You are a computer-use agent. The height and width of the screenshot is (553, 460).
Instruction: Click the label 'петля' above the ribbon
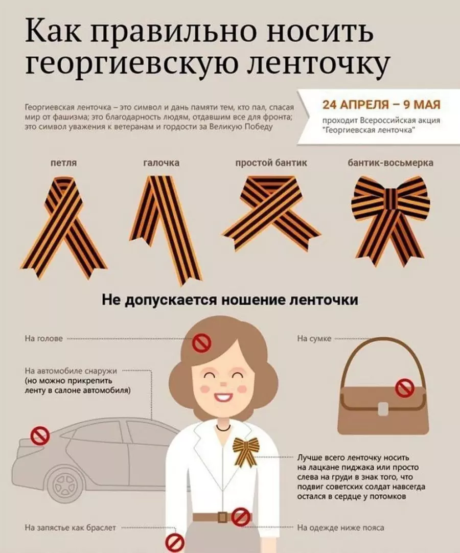click(63, 163)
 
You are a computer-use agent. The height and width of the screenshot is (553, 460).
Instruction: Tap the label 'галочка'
click(160, 163)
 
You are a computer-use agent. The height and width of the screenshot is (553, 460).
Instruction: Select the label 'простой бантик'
click(271, 163)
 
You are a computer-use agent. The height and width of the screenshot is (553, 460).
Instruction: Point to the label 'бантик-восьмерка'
click(390, 163)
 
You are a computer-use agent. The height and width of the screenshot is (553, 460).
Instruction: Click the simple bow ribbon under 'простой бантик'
click(271, 212)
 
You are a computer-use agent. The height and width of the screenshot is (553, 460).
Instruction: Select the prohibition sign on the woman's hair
click(201, 342)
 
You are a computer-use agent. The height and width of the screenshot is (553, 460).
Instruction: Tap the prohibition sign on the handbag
click(405, 388)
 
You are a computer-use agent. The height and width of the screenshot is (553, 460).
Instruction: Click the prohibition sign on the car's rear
click(40, 436)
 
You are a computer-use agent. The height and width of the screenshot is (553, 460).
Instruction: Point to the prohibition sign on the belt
click(240, 517)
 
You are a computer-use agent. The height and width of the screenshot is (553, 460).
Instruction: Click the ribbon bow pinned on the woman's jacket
click(246, 451)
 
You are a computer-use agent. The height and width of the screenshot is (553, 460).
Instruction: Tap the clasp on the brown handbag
click(382, 408)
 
